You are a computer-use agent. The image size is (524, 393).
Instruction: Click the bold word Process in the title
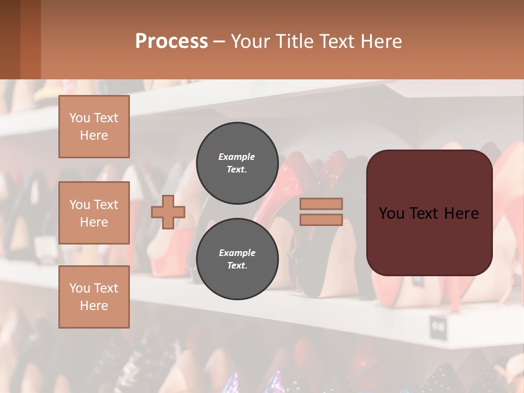click(x=171, y=41)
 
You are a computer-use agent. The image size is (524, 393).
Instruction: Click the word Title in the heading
click(x=293, y=41)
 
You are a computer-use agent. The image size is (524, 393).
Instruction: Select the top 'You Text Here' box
click(x=94, y=127)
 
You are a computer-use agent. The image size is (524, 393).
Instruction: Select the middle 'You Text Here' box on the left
click(x=94, y=213)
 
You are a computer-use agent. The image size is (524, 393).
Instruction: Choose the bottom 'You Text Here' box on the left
click(x=94, y=297)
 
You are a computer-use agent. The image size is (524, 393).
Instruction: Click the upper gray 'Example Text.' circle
click(x=237, y=163)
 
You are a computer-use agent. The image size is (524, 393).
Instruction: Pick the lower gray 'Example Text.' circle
click(x=237, y=259)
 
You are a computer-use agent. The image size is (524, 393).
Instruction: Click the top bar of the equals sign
click(x=321, y=204)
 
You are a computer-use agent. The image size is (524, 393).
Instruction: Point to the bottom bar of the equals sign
click(x=321, y=219)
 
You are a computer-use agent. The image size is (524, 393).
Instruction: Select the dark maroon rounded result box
click(x=429, y=240)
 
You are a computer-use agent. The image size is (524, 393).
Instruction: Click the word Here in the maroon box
click(x=461, y=213)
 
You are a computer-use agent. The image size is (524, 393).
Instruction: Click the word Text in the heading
click(x=338, y=41)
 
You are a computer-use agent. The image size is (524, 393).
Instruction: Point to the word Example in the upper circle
click(x=237, y=157)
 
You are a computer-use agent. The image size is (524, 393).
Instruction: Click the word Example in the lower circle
click(x=237, y=253)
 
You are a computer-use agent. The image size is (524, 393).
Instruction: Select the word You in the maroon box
click(x=391, y=213)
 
